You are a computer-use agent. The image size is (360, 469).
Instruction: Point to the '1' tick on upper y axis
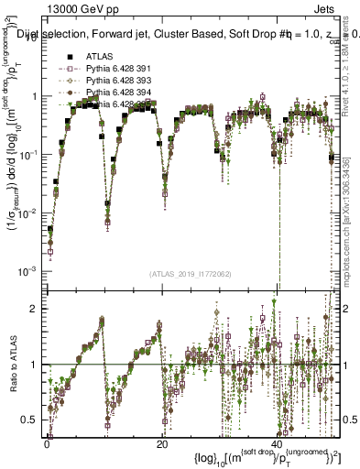click(x=34, y=96)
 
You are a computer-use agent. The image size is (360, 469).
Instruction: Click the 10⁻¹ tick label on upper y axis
click(x=29, y=154)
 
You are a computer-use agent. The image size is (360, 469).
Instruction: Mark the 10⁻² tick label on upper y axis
click(x=29, y=213)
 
